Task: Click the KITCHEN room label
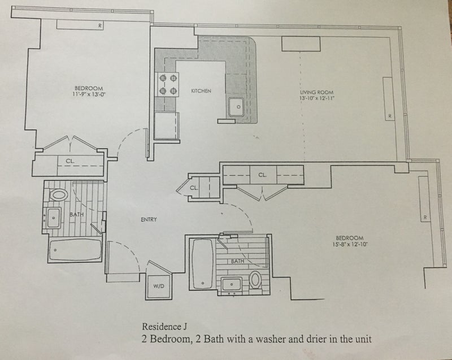click(201, 90)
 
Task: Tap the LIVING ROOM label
click(316, 92)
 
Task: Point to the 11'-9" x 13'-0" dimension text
click(89, 95)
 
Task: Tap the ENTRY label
click(149, 220)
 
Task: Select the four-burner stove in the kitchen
click(168, 84)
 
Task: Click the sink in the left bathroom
click(54, 218)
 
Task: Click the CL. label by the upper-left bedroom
click(70, 161)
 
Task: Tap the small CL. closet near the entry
click(194, 187)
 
